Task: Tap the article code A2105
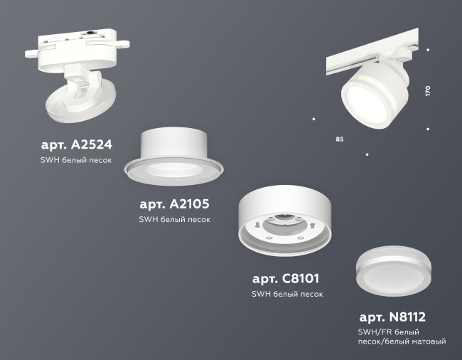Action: (174, 204)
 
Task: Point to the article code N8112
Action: (392, 317)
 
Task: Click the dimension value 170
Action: (428, 92)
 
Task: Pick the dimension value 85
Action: (339, 138)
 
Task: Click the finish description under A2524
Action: (76, 161)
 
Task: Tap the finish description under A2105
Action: (174, 220)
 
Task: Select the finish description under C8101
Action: (287, 294)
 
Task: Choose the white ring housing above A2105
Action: (174, 146)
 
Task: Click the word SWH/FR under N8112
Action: (374, 332)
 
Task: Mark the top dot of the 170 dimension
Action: (428, 50)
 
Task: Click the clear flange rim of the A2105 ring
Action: (174, 169)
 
